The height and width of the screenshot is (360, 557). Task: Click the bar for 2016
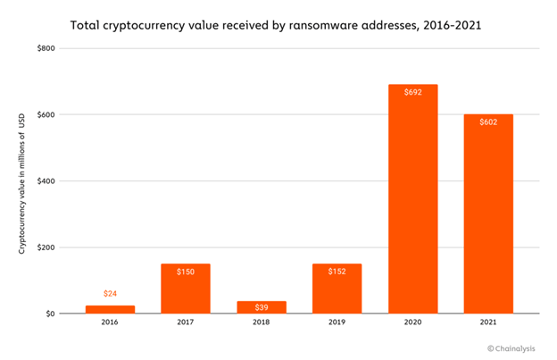coord(110,309)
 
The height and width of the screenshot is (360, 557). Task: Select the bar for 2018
coord(262,307)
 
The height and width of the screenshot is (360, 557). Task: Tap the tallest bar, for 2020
coord(412,199)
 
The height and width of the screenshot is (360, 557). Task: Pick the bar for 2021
coord(488,213)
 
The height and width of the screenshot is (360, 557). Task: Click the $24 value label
coord(110,294)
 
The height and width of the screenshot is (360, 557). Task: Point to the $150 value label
coord(186,272)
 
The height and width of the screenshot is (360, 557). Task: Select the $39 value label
coord(262,307)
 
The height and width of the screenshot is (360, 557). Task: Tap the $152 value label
coord(337,272)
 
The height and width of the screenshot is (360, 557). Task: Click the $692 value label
coord(413,92)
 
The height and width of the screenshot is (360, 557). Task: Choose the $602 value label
coord(488,122)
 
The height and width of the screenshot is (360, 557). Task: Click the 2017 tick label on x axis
coord(186,322)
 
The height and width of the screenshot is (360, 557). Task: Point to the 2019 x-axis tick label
coord(337,322)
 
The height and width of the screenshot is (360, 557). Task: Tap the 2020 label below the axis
coord(412,322)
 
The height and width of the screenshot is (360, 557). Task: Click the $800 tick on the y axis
coord(46,48)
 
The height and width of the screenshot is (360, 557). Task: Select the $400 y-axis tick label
coord(46,180)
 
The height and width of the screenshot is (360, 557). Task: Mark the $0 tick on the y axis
coord(50,314)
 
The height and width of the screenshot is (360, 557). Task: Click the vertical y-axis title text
coord(22,184)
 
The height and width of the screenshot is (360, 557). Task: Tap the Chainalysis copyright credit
coord(511,348)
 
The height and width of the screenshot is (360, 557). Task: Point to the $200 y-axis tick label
coord(46,247)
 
